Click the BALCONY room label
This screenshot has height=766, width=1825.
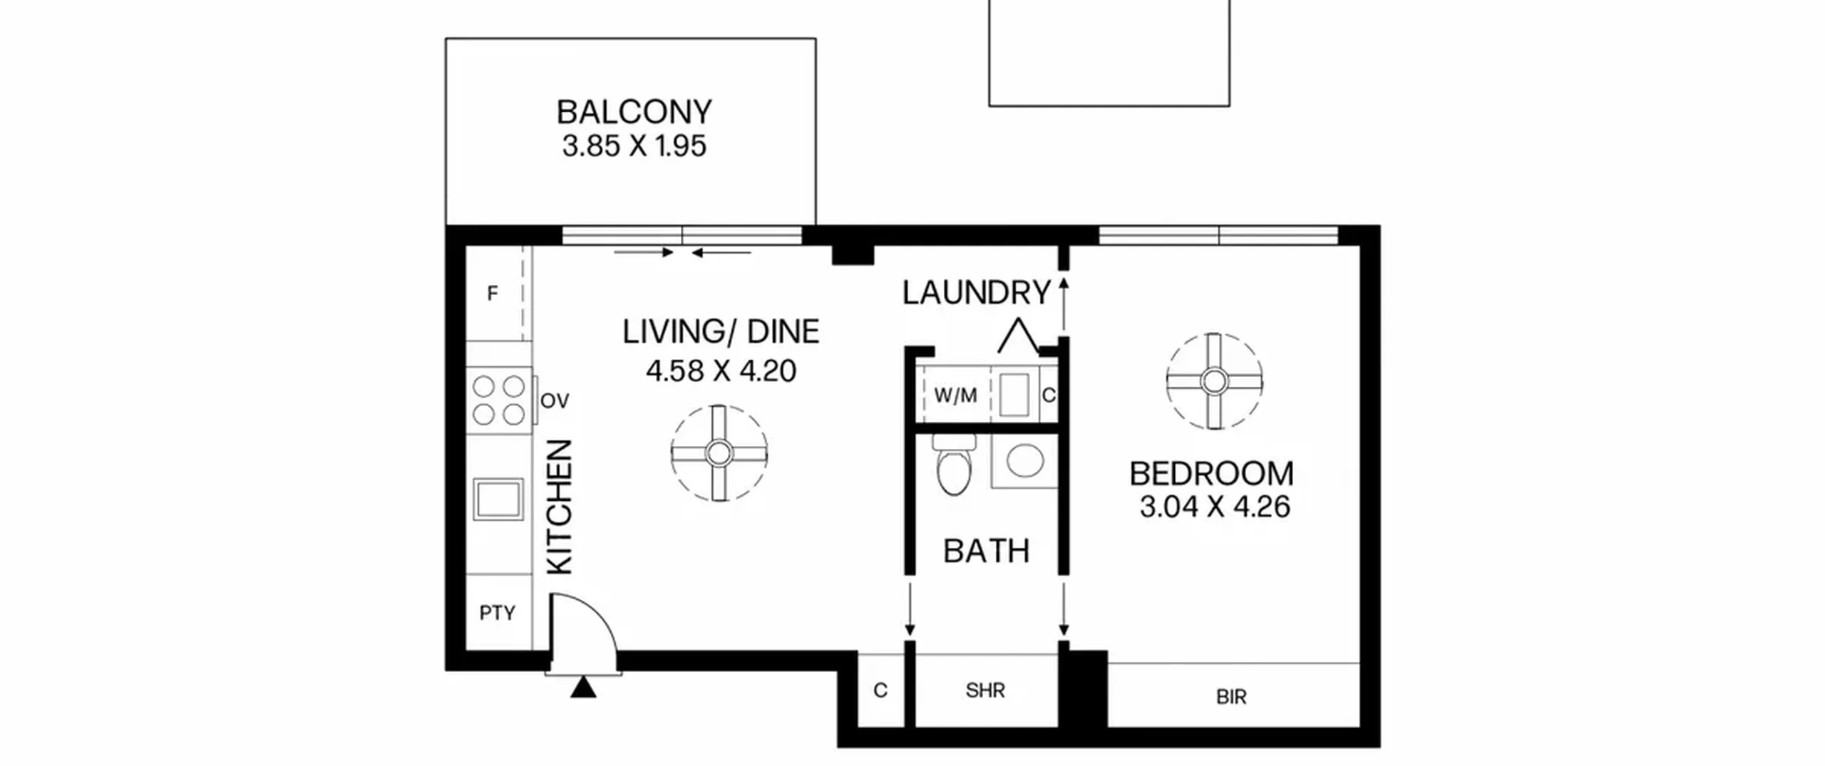634,112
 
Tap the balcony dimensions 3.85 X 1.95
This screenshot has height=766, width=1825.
634,146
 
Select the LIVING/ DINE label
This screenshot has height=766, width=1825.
721,332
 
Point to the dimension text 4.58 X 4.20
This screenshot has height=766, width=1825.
721,371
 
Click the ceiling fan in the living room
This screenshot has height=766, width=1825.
719,453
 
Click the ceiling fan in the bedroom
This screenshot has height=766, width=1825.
1214,381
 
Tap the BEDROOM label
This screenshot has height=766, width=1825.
1212,474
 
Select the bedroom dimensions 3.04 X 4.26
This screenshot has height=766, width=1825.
1215,507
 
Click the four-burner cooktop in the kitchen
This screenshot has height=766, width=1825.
499,400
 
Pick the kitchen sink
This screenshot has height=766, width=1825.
498,499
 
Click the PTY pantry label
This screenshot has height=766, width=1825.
497,613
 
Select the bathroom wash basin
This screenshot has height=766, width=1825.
1025,461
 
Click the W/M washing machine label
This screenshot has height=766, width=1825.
955,395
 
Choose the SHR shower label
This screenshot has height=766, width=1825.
985,690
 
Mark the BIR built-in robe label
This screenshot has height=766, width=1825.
1231,697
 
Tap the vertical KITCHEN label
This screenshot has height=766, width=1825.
560,507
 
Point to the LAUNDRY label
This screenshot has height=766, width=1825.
977,293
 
